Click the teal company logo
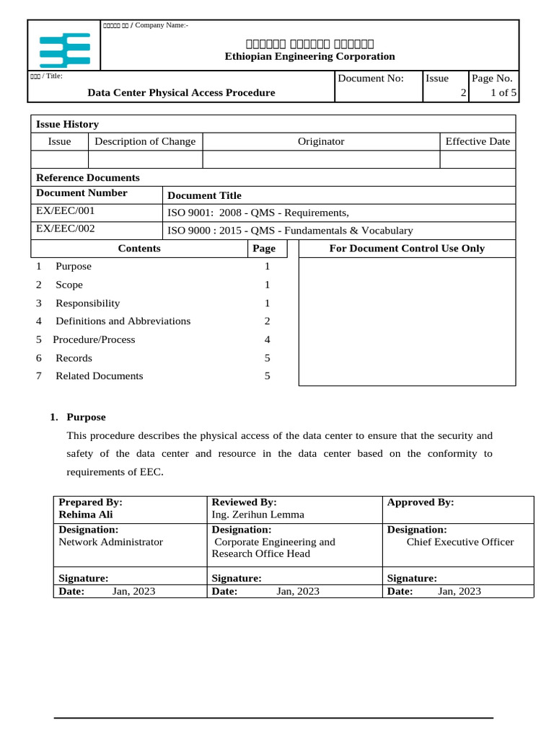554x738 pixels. pos(64,49)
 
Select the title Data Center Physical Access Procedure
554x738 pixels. pos(181,92)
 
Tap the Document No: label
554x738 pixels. pos(371,79)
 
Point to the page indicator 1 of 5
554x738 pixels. pos(503,92)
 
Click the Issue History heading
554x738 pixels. pos(67,124)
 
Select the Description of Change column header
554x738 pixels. pos(145,141)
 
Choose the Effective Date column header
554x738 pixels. pos(477,141)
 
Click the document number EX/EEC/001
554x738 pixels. pos(65,211)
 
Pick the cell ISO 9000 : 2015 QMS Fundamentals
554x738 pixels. pos(290,231)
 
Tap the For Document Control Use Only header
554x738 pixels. pos(407,249)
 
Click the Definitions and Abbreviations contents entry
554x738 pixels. pos(123,321)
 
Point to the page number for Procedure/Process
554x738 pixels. pos(267,339)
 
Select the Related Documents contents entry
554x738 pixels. pos(99,376)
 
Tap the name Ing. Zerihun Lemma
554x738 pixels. pos(258,515)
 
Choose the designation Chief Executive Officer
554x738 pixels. pos(460,542)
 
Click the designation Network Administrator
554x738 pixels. pos(110,542)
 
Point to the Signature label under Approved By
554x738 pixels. pos(412,578)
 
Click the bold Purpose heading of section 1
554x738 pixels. pos(86,417)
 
